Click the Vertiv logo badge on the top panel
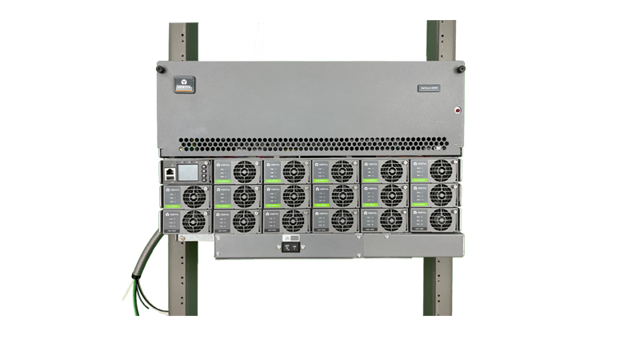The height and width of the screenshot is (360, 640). point(186,82)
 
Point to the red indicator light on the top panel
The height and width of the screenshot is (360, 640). point(458,110)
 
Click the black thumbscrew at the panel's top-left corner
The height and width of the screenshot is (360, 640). point(160,69)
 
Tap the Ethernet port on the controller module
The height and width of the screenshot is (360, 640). point(170,171)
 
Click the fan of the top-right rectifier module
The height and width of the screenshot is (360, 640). point(439,171)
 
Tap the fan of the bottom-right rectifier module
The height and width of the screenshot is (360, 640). point(439,221)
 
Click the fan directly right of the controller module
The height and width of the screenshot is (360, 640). point(243,171)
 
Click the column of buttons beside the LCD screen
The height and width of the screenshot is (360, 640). point(205,172)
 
